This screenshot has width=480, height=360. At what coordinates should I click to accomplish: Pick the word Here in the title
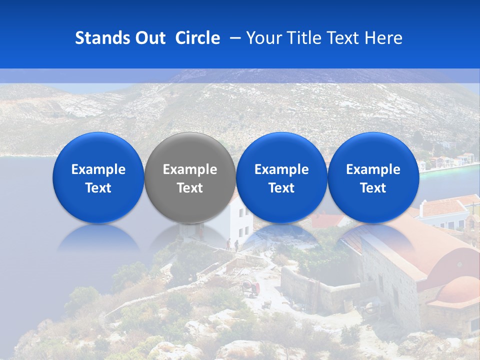[383, 38]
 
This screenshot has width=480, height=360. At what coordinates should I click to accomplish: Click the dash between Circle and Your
[233, 38]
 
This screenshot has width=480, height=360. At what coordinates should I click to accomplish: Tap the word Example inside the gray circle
[190, 169]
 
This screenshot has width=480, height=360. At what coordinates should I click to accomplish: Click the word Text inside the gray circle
[190, 188]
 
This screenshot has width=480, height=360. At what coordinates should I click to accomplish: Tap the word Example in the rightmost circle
[373, 169]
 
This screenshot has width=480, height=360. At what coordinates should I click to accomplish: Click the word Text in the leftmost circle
[98, 188]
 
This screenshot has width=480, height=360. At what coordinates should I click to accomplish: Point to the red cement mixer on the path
[250, 288]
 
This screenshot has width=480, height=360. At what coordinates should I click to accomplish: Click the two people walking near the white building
[232, 244]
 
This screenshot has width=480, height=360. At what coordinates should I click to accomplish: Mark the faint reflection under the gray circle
[190, 235]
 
